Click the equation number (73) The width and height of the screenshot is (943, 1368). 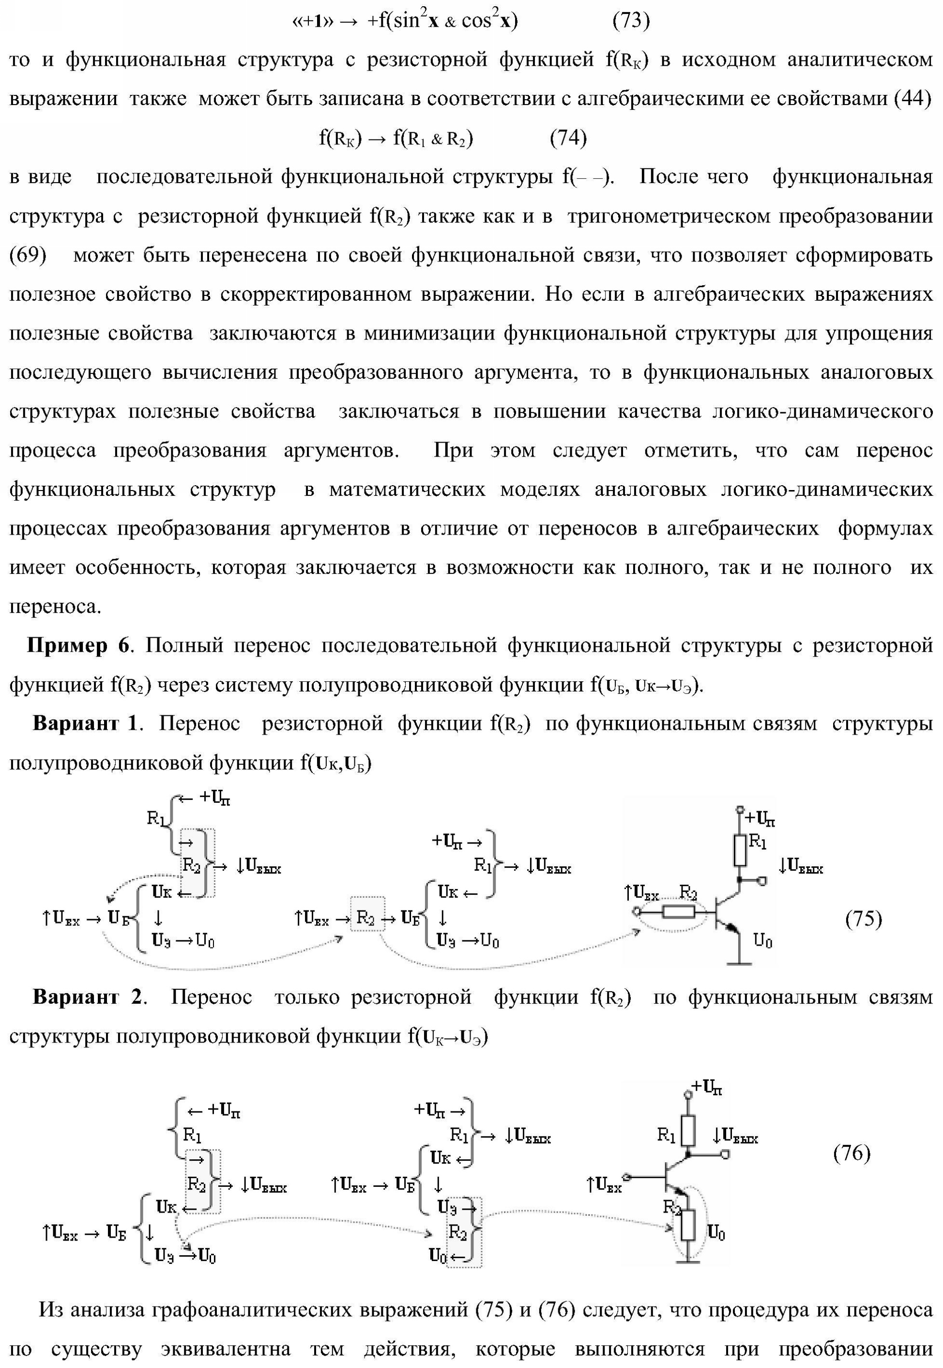631,21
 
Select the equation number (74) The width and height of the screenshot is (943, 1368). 568,138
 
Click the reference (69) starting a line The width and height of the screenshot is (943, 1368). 28,255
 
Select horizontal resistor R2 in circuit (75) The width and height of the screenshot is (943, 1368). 680,913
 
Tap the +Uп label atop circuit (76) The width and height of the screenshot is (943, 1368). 707,1086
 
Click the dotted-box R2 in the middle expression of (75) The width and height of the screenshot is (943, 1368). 366,918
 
